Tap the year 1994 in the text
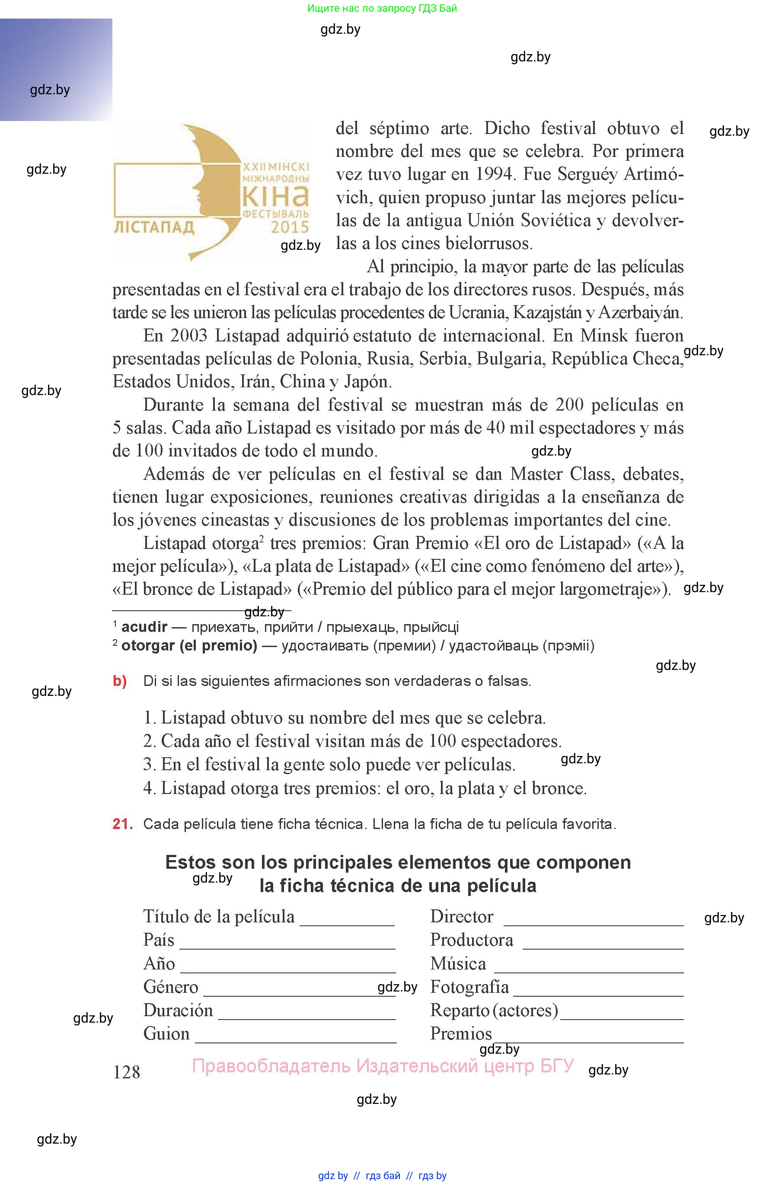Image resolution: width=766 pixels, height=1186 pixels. click(x=495, y=174)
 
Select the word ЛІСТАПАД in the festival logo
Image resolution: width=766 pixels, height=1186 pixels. click(x=154, y=227)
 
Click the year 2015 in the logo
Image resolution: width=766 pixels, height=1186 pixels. click(x=290, y=227)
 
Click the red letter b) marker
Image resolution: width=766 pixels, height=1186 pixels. click(x=120, y=681)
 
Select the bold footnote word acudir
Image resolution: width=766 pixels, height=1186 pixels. click(x=144, y=627)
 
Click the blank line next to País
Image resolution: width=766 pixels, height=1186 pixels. click(x=287, y=948)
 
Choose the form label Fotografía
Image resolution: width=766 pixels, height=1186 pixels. click(x=469, y=987)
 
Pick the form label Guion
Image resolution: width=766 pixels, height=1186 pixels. click(x=166, y=1034)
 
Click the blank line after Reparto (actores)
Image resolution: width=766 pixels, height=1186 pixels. click(x=622, y=1018)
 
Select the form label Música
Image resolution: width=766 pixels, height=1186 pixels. click(x=458, y=964)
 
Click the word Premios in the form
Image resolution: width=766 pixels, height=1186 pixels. click(x=461, y=1034)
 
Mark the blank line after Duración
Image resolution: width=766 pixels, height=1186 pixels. click(x=306, y=1018)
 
